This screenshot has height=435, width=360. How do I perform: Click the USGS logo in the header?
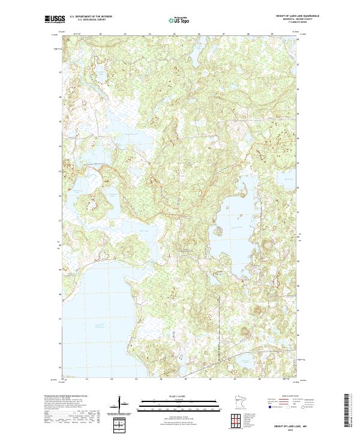point(55,20)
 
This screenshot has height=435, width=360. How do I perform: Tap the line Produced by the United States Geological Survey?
point(64,397)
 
